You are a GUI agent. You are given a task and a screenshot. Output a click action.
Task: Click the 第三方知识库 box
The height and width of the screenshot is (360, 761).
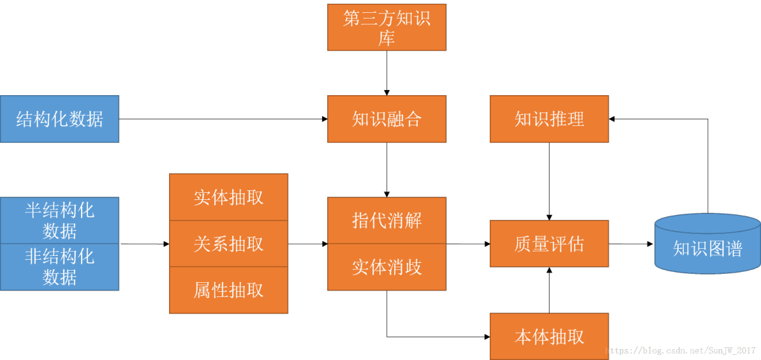pyautogui.click(x=386, y=27)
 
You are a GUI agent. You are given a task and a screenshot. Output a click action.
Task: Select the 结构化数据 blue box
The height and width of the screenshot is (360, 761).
pyautogui.click(x=59, y=119)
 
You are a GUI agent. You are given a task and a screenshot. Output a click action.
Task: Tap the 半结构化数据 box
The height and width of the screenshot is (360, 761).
pyautogui.click(x=59, y=220)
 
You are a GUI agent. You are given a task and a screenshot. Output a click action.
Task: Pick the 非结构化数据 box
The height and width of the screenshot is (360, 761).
pyautogui.click(x=59, y=267)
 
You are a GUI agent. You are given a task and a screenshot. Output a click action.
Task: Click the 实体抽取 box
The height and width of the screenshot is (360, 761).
pyautogui.click(x=228, y=197)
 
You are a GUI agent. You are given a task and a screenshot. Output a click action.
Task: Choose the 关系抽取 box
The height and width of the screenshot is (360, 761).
pyautogui.click(x=228, y=244)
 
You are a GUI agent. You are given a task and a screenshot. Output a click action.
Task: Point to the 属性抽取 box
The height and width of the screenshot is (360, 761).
pyautogui.click(x=228, y=290)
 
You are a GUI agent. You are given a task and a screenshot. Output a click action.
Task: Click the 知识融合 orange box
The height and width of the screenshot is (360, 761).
pyautogui.click(x=386, y=119)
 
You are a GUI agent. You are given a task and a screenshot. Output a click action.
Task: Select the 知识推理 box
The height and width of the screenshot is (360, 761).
pyautogui.click(x=549, y=119)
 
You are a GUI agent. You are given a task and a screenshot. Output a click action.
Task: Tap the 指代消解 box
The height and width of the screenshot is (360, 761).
pyautogui.click(x=386, y=220)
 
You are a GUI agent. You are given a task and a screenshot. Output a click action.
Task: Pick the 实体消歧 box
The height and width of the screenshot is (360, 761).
pyautogui.click(x=386, y=267)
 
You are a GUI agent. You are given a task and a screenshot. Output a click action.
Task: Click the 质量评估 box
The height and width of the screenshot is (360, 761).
pyautogui.click(x=549, y=244)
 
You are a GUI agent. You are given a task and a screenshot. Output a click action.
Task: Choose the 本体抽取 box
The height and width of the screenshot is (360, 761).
pyautogui.click(x=549, y=336)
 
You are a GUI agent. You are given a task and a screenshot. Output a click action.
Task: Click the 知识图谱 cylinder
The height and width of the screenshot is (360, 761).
pyautogui.click(x=707, y=248)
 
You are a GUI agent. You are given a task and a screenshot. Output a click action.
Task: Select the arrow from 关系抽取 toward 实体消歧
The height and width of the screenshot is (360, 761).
pyautogui.click(x=307, y=244)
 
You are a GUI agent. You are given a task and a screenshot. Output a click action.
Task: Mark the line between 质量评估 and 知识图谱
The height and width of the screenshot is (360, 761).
pyautogui.click(x=634, y=244)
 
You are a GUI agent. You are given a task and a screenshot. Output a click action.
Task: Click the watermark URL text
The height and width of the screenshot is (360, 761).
pyautogui.click(x=681, y=351)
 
